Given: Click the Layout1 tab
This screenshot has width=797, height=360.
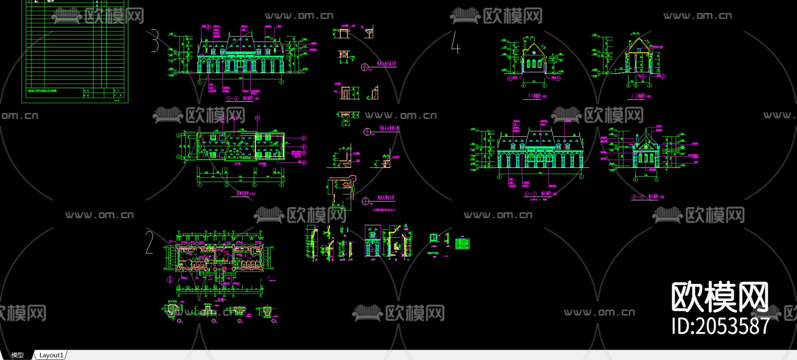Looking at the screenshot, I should tap(51, 355).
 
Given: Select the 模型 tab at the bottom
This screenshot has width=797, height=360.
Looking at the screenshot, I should tap(17, 355).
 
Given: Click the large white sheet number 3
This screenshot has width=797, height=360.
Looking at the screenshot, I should tap(154, 41).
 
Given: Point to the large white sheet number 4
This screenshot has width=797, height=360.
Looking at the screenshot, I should tap(456, 43).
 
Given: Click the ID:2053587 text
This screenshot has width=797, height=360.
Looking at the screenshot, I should tap(720, 326).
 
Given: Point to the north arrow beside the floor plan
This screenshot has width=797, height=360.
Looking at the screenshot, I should tap(170, 279).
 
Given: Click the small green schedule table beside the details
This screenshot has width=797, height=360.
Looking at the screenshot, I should tap(462, 244).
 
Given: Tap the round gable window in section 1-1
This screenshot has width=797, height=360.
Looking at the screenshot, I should tap(534, 53).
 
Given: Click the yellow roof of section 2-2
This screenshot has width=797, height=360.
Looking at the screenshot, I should tap(637, 44).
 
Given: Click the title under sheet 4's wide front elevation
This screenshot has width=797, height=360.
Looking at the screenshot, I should tap(541, 194).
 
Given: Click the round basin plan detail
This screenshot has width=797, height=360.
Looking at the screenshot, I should tap(343, 54).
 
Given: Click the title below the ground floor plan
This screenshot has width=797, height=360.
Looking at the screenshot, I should tap(220, 299).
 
